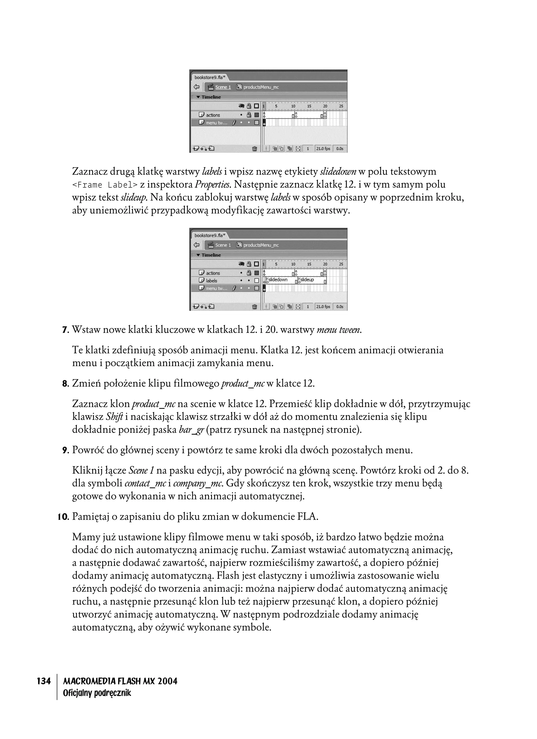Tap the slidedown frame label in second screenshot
(x=278, y=279)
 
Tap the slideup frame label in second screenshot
(x=307, y=279)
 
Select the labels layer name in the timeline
(x=211, y=281)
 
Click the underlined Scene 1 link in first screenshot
(x=223, y=87)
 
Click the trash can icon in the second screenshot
(x=255, y=307)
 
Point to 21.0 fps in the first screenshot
(x=323, y=149)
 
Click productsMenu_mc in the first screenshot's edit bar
(x=261, y=87)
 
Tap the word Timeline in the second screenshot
(x=211, y=255)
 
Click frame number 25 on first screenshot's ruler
(x=341, y=106)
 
